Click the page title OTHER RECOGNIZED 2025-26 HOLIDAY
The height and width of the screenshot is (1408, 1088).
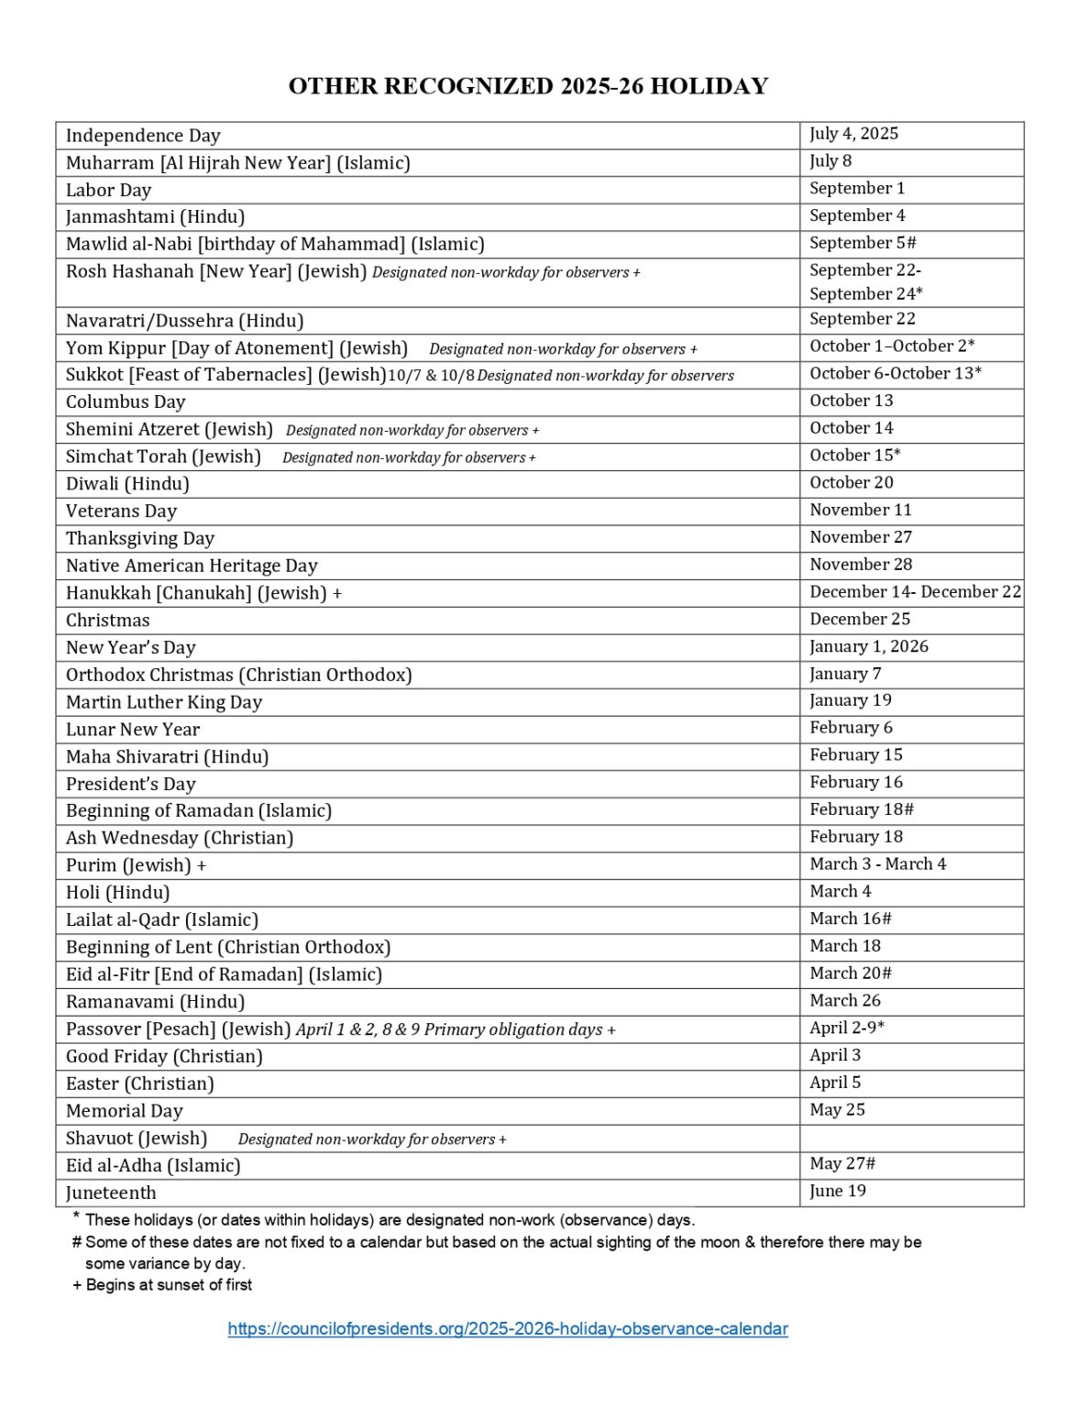point(528,86)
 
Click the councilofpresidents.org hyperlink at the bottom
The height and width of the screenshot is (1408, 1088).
point(508,1328)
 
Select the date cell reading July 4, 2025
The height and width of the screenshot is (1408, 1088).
point(853,134)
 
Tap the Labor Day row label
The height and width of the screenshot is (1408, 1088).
point(108,190)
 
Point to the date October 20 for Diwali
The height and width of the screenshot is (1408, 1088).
point(851,482)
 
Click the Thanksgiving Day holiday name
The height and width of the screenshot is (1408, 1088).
point(139,538)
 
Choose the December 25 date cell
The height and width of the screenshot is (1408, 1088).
point(859,619)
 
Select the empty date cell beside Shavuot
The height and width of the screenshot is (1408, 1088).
point(910,1138)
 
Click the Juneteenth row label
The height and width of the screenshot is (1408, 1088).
point(111,1193)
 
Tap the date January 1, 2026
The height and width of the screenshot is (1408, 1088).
point(868,646)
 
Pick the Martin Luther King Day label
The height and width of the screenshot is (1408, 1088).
point(163,702)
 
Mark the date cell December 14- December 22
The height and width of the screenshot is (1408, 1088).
point(914,591)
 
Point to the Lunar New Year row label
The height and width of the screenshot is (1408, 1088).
point(132,730)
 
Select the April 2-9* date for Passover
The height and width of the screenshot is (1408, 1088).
point(846,1028)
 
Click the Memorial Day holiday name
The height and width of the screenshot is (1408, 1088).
point(124,1111)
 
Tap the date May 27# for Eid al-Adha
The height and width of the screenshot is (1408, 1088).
point(841,1163)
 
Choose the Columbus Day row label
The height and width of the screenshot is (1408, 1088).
point(125,401)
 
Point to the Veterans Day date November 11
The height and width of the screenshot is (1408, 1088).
point(860,510)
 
